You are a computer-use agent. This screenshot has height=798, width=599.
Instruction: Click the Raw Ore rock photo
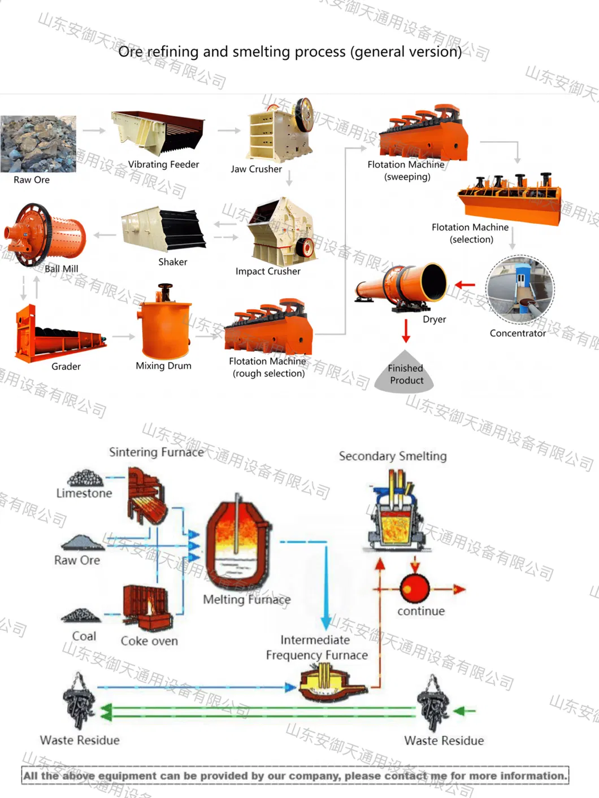38,143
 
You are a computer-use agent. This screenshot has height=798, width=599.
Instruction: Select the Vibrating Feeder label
163,164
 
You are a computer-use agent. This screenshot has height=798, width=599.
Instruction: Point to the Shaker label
172,262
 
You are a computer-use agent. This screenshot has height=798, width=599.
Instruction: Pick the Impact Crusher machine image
281,232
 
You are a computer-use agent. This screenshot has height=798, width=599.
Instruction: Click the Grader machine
59,335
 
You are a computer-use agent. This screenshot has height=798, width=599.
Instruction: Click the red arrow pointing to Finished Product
406,330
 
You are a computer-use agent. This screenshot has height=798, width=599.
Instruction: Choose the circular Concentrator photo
520,289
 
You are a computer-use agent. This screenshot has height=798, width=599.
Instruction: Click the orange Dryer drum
402,285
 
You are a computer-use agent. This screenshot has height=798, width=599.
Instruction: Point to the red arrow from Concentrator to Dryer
466,285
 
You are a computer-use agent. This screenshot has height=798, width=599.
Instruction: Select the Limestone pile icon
85,478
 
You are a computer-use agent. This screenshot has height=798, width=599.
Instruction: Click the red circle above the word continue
415,588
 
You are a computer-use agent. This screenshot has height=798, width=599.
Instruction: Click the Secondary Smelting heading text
392,456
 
